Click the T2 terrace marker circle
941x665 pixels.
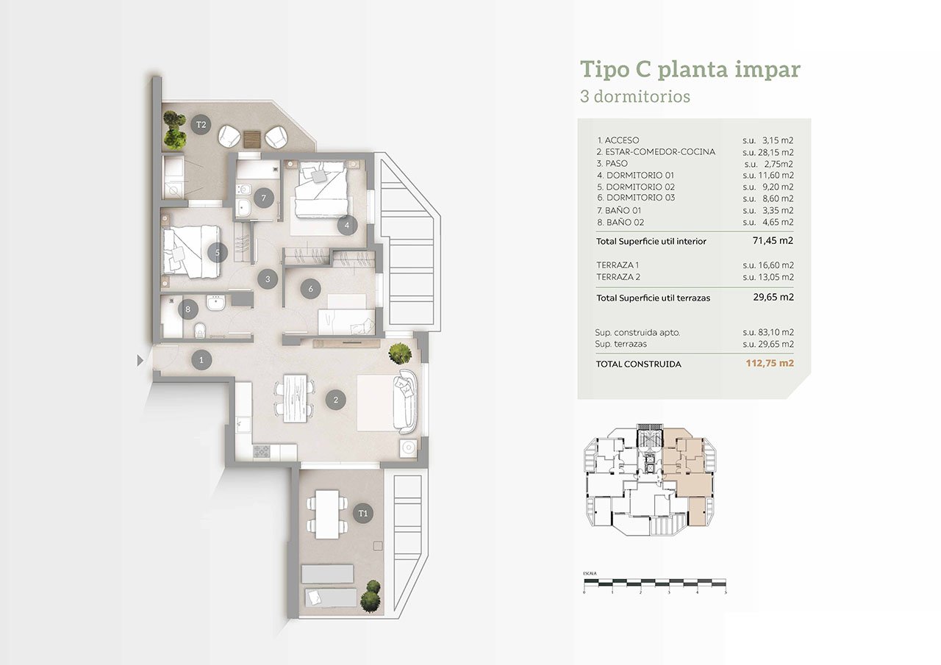point(201,124)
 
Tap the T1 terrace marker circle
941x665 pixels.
point(363,513)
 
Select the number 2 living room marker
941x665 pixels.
point(336,400)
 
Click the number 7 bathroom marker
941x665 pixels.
point(264,198)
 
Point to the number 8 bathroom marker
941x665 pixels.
point(187,309)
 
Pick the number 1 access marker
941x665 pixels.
point(201,360)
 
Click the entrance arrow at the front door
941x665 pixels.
point(140,360)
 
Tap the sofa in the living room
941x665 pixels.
point(405,401)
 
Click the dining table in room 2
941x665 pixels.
point(296,398)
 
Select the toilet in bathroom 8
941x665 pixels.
point(200,331)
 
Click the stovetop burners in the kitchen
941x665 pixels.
point(262,451)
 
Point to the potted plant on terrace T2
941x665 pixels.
point(174,130)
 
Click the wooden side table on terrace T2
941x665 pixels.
point(252,139)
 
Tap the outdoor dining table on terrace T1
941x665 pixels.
point(327,514)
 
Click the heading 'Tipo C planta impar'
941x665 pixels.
point(690,70)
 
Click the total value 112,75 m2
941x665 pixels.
point(770,363)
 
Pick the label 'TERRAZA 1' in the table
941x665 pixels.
point(618,265)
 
